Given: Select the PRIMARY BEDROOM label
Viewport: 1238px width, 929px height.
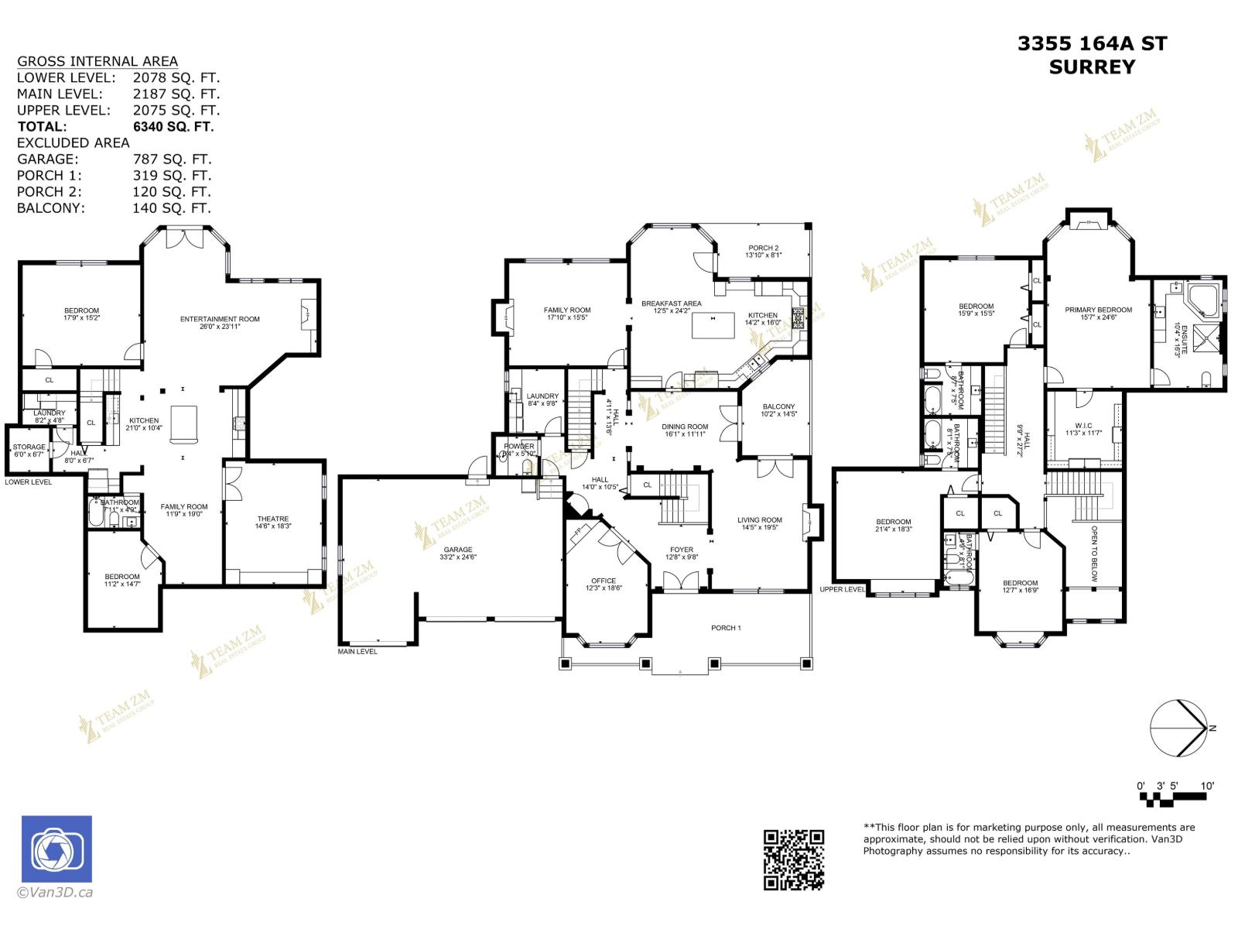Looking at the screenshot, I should tap(1098, 310).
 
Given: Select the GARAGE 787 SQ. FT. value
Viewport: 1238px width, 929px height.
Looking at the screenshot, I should tap(172, 159).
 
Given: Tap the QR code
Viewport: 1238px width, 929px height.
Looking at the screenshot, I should tap(793, 859).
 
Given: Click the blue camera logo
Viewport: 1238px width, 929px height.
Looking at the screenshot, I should tap(56, 848).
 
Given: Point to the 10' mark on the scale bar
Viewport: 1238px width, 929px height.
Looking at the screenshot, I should tap(1206, 786).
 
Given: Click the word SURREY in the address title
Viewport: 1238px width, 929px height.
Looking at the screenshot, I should tap(1092, 67).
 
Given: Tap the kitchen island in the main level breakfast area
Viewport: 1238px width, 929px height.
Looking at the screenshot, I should tap(713, 325).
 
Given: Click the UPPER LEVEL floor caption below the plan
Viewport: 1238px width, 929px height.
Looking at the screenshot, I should tap(843, 589).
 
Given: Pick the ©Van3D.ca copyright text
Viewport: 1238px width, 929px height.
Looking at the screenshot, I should tap(55, 892).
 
